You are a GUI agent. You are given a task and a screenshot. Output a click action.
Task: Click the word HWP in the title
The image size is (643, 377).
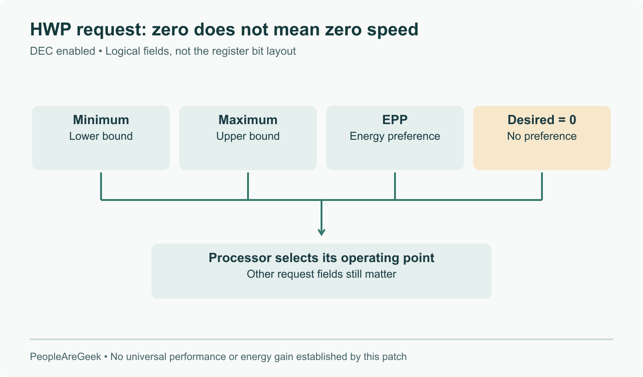tap(51, 29)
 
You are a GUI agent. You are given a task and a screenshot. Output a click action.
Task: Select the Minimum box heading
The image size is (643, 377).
tap(101, 120)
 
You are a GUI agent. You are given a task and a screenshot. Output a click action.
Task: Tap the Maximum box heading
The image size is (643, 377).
tap(248, 120)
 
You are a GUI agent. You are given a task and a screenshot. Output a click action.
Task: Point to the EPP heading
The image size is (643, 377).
tap(395, 120)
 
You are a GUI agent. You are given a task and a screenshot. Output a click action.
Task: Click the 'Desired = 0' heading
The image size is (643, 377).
tap(542, 120)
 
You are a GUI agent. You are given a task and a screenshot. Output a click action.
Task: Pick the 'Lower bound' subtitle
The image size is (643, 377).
tap(101, 136)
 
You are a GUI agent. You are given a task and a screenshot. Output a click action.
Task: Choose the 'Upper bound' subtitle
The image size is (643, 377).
tap(248, 136)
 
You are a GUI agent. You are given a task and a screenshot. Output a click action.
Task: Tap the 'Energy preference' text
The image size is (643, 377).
tap(395, 136)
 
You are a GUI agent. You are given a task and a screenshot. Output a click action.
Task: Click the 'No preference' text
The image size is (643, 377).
tap(542, 136)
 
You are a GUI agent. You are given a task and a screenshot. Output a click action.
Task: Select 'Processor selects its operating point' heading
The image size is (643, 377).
tap(321, 258)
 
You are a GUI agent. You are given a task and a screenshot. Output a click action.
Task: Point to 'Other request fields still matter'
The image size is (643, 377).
tap(321, 274)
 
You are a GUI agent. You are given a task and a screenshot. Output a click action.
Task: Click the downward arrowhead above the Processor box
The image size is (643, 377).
tap(321, 232)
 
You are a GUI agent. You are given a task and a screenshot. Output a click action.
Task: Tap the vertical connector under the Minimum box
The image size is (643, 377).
tap(101, 186)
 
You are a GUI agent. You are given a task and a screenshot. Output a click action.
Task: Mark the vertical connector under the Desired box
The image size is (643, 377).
tap(542, 186)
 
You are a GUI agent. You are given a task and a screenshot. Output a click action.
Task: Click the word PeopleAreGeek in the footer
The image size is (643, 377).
tap(65, 357)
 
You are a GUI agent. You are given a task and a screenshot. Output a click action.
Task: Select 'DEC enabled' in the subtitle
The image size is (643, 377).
tap(62, 51)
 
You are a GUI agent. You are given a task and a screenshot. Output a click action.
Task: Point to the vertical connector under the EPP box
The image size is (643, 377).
tap(395, 186)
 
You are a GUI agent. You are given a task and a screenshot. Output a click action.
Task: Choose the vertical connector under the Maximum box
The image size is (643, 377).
tap(248, 186)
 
